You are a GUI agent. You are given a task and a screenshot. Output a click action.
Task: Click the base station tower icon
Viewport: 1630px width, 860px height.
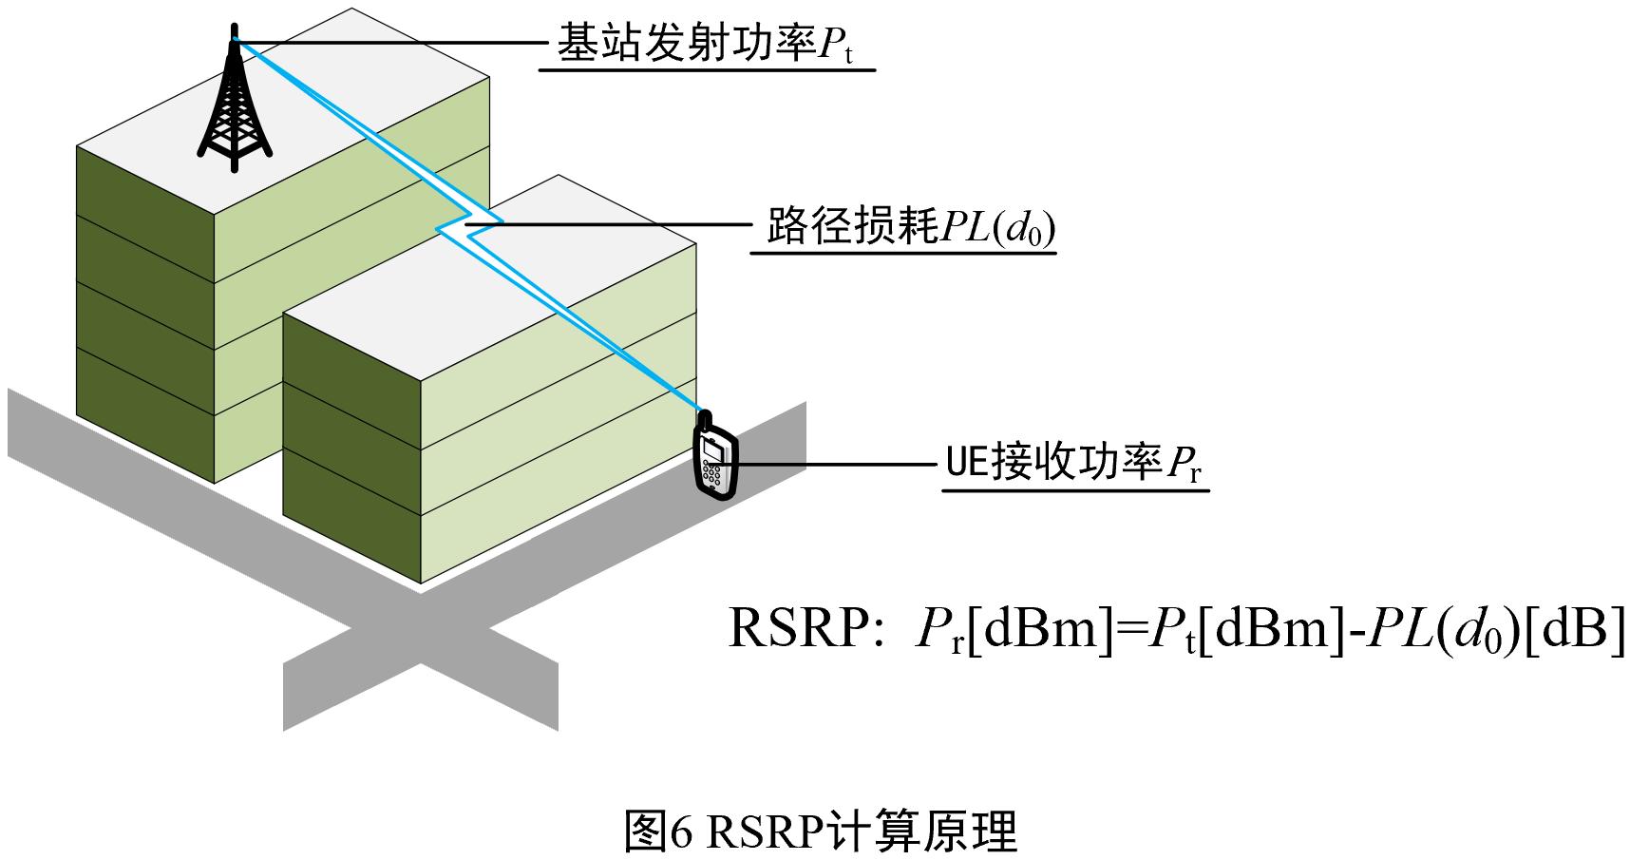234,109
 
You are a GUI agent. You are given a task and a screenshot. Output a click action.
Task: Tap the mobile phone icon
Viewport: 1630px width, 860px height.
715,461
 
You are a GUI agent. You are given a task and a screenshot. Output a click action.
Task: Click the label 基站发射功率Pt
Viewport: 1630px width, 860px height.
704,46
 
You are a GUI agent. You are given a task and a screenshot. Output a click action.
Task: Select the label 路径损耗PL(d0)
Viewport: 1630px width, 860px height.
910,228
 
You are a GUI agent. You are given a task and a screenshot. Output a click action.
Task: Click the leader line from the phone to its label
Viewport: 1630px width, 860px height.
836,465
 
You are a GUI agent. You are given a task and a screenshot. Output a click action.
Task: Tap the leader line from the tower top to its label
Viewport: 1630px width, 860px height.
389,43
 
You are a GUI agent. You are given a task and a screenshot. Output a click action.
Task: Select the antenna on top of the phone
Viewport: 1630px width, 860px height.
706,418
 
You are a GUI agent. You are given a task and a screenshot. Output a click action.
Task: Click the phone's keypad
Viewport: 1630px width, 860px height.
711,472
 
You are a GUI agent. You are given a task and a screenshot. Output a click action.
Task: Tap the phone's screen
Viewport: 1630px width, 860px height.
713,447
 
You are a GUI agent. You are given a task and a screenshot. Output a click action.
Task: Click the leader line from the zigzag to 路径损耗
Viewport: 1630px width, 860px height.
627,225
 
